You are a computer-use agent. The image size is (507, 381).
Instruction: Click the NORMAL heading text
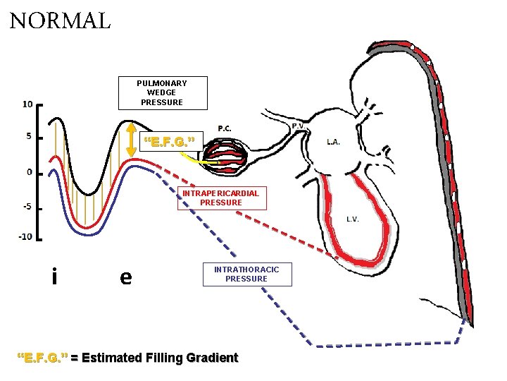pyautogui.click(x=61, y=20)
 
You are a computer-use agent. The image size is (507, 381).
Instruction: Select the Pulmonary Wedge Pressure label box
pyautogui.click(x=162, y=93)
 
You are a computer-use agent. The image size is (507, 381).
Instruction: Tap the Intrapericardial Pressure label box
pyautogui.click(x=220, y=198)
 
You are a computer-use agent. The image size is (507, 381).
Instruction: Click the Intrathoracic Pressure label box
pyautogui.click(x=246, y=274)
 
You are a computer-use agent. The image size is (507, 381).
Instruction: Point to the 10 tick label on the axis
pyautogui.click(x=27, y=104)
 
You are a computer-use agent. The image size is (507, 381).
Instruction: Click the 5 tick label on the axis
pyautogui.click(x=29, y=137)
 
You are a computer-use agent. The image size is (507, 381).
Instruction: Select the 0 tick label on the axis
pyautogui.click(x=29, y=171)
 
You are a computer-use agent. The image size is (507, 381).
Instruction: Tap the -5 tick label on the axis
pyautogui.click(x=26, y=207)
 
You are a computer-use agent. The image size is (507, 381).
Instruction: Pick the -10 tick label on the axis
pyautogui.click(x=25, y=236)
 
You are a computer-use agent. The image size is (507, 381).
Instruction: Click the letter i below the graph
pyautogui.click(x=54, y=277)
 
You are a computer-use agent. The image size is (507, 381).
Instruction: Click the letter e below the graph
pyautogui.click(x=125, y=277)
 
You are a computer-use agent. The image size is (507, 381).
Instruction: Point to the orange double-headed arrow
pyautogui.click(x=130, y=140)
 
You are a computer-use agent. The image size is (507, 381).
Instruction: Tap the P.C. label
pyautogui.click(x=225, y=128)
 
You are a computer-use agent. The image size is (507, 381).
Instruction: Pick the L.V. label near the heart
pyautogui.click(x=353, y=219)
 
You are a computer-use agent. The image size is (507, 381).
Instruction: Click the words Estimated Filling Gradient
pyautogui.click(x=160, y=358)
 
